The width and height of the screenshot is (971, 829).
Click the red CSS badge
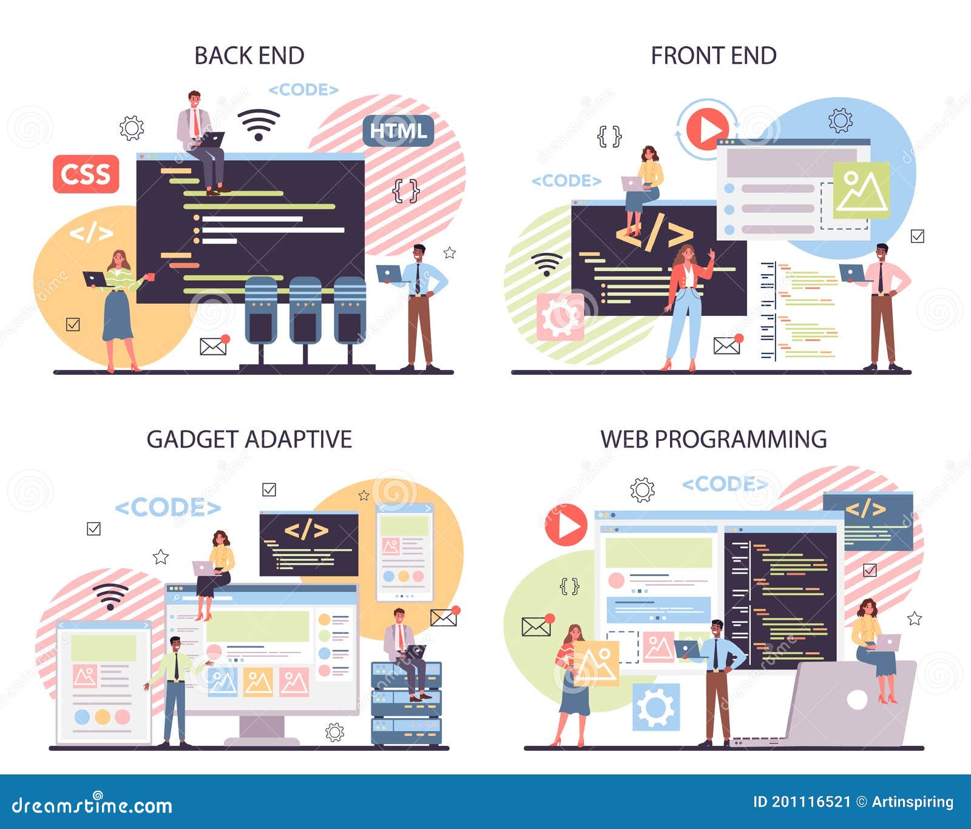coord(86,174)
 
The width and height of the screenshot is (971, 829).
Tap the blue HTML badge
coord(398,131)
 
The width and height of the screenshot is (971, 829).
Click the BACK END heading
coord(249,56)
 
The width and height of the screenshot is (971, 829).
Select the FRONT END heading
coord(713,56)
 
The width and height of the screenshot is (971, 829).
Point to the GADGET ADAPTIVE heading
coord(249,439)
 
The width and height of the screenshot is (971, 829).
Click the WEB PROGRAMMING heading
coord(713,439)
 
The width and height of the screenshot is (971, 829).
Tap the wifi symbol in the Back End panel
coord(259,124)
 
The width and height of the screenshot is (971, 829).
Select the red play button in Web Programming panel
coord(566,525)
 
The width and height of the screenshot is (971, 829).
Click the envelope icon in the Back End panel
coord(213,346)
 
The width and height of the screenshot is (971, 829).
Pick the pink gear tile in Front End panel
coord(560,317)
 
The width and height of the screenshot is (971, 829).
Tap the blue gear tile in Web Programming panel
coord(656,707)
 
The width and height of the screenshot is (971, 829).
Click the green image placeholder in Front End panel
coord(861,190)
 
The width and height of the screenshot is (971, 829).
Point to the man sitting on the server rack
coord(403,651)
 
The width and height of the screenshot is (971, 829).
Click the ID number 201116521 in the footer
coord(802,802)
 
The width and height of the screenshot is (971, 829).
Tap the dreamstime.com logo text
coord(92,805)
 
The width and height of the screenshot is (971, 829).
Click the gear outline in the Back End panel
coord(132,128)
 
